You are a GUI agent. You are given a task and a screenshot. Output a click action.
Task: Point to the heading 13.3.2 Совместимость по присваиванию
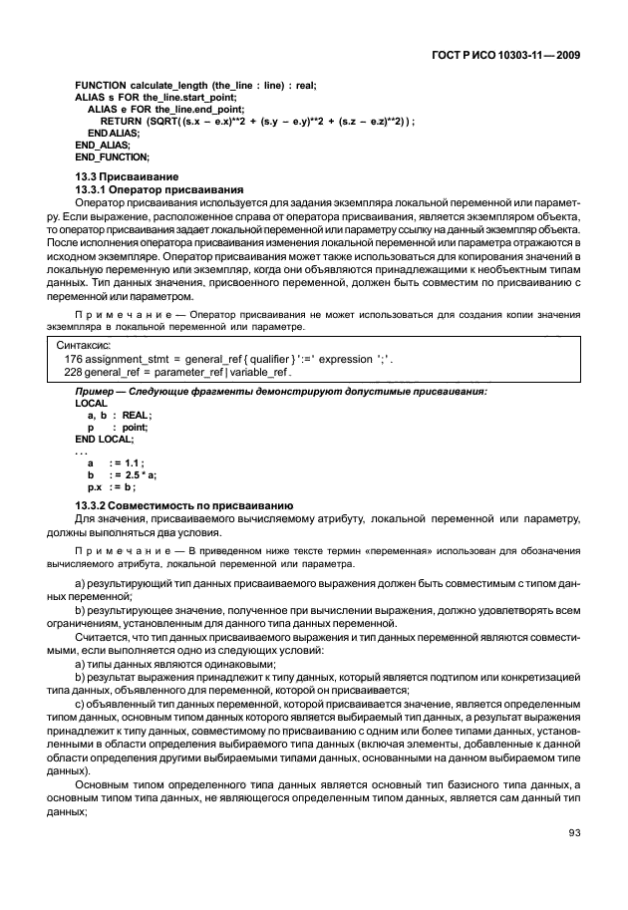tap(183, 506)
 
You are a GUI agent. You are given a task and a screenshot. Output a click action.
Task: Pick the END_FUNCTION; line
tap(112, 156)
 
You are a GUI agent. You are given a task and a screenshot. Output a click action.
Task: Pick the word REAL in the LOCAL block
tap(136, 415)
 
